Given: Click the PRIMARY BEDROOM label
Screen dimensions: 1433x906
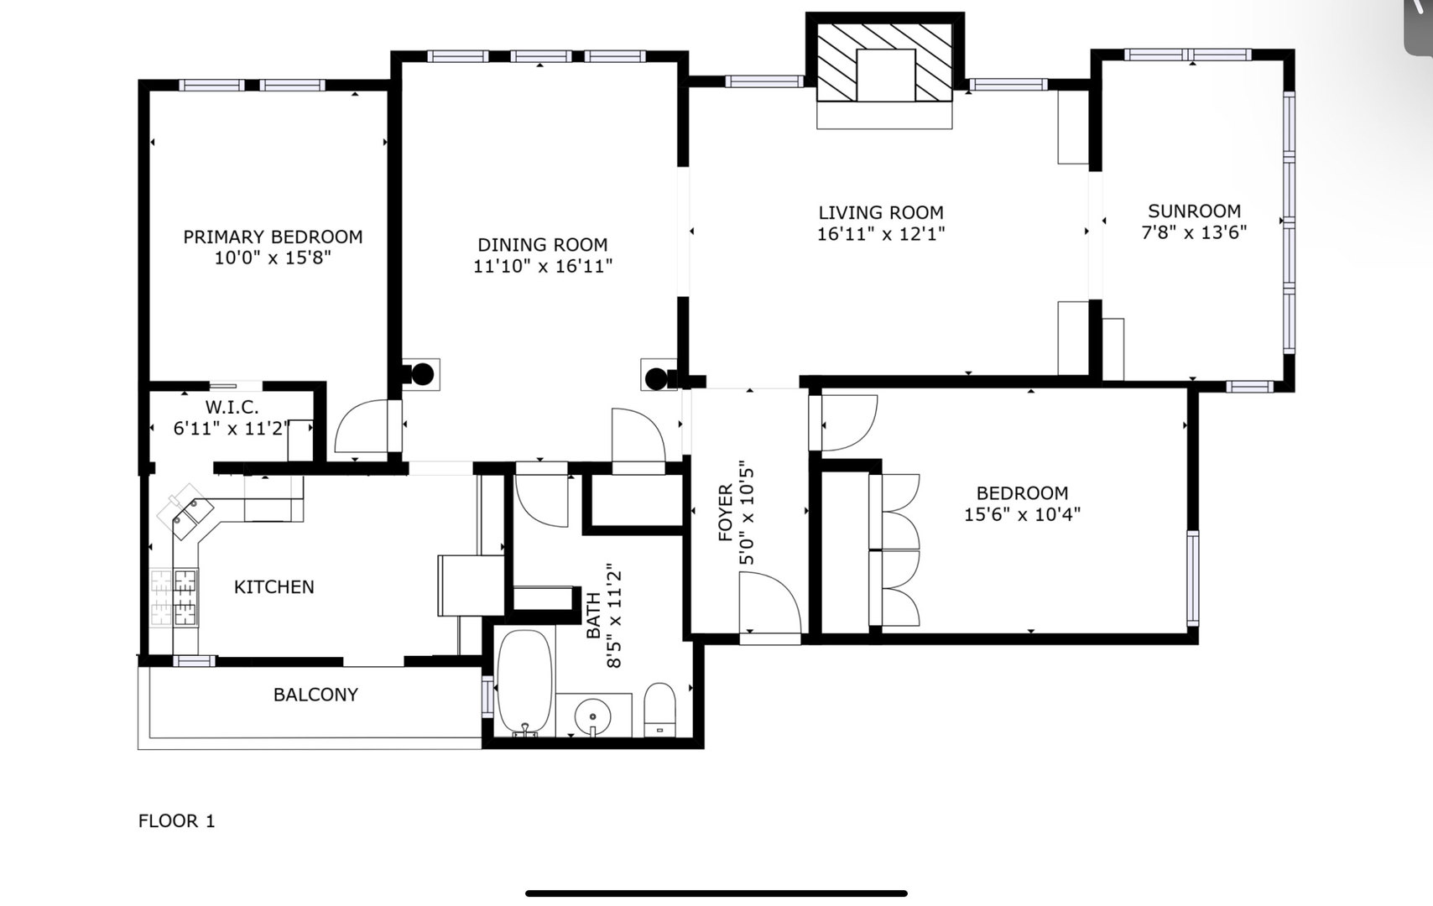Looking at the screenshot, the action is pyautogui.click(x=274, y=237).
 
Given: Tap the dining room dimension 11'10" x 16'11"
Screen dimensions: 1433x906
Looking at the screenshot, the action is pyautogui.click(x=543, y=266).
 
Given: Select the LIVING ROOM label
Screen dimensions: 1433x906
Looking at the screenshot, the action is pyautogui.click(x=881, y=212).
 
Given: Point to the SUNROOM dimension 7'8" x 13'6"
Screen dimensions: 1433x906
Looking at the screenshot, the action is pyautogui.click(x=1194, y=232).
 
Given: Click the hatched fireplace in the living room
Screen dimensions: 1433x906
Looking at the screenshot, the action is pyautogui.click(x=885, y=63).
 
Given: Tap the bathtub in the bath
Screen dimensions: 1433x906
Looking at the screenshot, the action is pyautogui.click(x=524, y=681).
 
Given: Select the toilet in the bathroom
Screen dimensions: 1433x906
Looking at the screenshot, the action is pyautogui.click(x=659, y=709).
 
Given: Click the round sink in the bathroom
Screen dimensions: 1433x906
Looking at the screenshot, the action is pyautogui.click(x=592, y=716).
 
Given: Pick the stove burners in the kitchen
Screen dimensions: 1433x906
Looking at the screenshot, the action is pyautogui.click(x=174, y=596).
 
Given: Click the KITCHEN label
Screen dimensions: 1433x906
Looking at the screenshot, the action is pyautogui.click(x=274, y=586).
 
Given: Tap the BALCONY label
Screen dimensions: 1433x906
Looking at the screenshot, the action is pyautogui.click(x=315, y=695).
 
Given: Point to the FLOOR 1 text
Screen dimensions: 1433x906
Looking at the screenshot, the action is pyautogui.click(x=176, y=821).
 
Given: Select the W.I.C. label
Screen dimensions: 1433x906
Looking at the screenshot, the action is pyautogui.click(x=232, y=407).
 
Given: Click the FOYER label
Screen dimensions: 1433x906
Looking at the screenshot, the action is pyautogui.click(x=726, y=513).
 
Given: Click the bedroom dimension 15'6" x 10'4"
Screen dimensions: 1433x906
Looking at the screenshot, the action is pyautogui.click(x=1022, y=514).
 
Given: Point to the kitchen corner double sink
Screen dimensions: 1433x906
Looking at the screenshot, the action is pyautogui.click(x=186, y=511).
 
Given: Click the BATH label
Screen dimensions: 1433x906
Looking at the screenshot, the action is pyautogui.click(x=594, y=616).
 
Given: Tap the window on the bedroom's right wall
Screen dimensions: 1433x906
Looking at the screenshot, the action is pyautogui.click(x=1193, y=578).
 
